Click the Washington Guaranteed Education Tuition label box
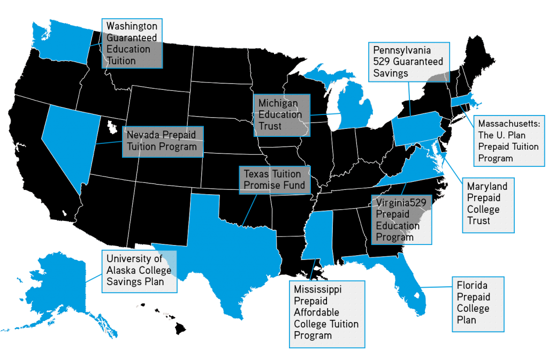click(x=132, y=43)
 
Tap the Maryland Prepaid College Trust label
click(x=486, y=204)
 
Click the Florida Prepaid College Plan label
click(x=477, y=304)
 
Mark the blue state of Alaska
click(x=59, y=284)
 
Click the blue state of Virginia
click(x=417, y=177)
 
